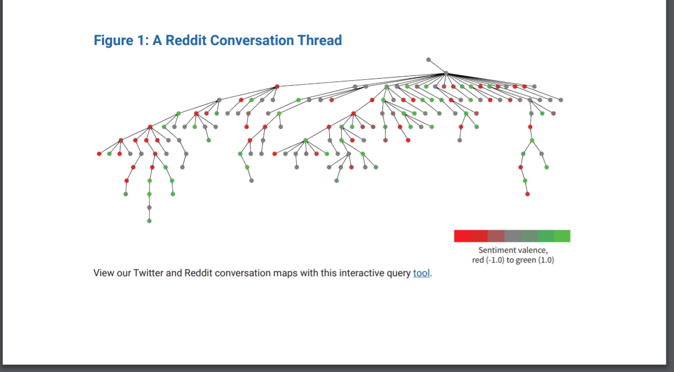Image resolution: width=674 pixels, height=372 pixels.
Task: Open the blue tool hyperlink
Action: (x=421, y=273)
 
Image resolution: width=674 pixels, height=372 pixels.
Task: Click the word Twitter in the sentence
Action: (x=147, y=273)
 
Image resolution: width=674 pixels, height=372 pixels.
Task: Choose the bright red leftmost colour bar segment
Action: (x=462, y=236)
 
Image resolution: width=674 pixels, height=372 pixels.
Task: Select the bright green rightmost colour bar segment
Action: (x=562, y=236)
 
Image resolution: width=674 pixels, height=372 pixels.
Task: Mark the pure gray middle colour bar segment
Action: (x=512, y=236)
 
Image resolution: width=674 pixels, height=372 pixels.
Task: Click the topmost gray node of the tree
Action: (x=428, y=59)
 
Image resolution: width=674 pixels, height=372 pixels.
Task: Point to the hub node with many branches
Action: (x=446, y=73)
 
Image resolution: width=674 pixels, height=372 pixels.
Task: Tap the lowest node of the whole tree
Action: (x=149, y=221)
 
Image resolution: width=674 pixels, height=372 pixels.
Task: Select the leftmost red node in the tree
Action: (x=99, y=154)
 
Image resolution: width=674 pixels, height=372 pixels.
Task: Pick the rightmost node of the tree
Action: (x=561, y=100)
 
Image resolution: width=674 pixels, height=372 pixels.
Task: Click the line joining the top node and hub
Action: (x=437, y=66)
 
